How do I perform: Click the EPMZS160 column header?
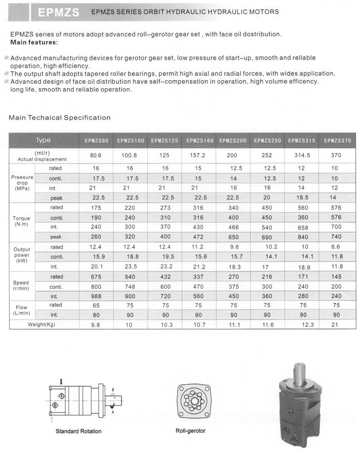click(x=200, y=141)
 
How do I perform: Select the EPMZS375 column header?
click(x=337, y=141)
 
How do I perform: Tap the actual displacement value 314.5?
click(x=302, y=155)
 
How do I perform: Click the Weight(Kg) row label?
click(x=44, y=325)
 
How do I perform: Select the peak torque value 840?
click(x=302, y=237)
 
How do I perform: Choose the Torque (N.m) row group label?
click(x=21, y=221)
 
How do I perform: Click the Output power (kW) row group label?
click(x=22, y=255)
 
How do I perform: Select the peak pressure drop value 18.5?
click(x=302, y=198)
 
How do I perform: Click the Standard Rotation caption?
click(x=78, y=431)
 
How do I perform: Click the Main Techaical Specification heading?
click(x=60, y=118)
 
